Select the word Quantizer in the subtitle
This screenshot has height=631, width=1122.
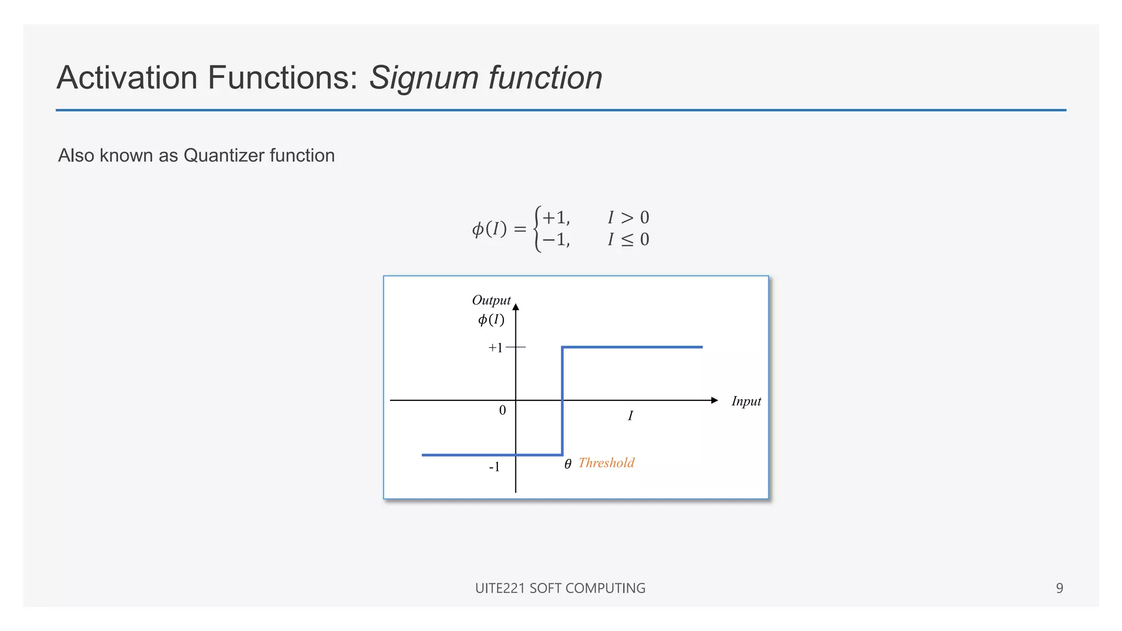(x=224, y=156)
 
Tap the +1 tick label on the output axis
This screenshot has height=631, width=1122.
(x=495, y=348)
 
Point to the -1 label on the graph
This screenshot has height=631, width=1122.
(x=494, y=467)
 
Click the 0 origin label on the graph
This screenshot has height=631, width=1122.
(x=502, y=410)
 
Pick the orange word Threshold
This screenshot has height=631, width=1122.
(x=606, y=463)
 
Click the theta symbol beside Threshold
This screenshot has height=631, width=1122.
(x=568, y=464)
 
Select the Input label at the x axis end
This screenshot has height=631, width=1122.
(x=746, y=401)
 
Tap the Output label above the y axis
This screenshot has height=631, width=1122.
(x=491, y=300)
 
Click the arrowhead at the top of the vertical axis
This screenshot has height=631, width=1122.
(x=516, y=307)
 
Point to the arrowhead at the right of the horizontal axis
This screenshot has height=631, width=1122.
(x=714, y=400)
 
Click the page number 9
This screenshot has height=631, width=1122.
(x=1060, y=588)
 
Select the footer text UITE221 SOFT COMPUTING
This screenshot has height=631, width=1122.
(x=560, y=588)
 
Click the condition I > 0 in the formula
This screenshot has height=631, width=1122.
(x=628, y=217)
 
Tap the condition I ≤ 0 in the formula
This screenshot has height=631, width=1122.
(x=628, y=239)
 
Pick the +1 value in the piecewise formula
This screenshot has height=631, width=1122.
(x=556, y=217)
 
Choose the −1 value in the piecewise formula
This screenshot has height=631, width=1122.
(x=556, y=239)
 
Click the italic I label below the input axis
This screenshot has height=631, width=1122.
(x=630, y=416)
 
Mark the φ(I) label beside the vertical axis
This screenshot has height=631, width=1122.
(x=491, y=319)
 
